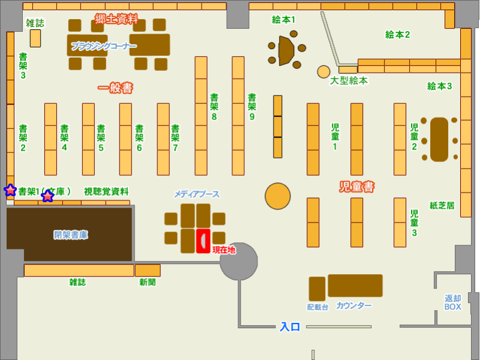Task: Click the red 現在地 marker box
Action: click(x=203, y=241)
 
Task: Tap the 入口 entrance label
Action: click(x=290, y=326)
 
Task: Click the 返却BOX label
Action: click(x=453, y=302)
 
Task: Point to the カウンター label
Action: click(x=354, y=305)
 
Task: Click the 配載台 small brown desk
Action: click(x=317, y=289)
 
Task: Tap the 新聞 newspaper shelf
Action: click(x=148, y=271)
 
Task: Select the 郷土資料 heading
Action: click(x=116, y=19)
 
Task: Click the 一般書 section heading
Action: click(x=115, y=88)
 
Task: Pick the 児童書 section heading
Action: click(x=357, y=187)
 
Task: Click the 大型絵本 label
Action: click(x=349, y=81)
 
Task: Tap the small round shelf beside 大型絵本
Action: click(x=323, y=72)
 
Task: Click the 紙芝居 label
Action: click(x=442, y=206)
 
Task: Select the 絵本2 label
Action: click(x=397, y=35)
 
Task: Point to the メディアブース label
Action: click(x=197, y=194)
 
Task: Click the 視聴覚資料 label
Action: click(x=106, y=191)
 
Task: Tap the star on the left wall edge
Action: click(x=10, y=190)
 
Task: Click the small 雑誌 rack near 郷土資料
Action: click(x=35, y=38)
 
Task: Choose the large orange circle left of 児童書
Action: click(x=278, y=196)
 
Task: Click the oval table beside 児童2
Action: click(x=439, y=140)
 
